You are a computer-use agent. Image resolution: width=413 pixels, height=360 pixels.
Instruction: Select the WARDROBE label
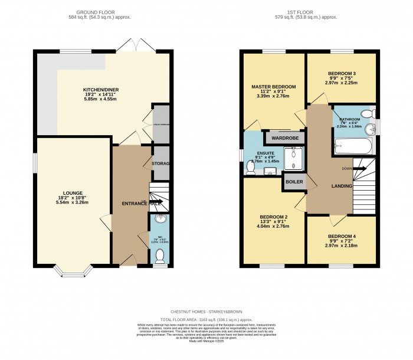[x=285, y=138]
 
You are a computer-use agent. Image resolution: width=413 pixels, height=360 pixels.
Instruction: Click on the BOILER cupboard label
[x=294, y=182]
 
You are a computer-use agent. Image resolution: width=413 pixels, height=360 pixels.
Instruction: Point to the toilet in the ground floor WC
[x=159, y=255]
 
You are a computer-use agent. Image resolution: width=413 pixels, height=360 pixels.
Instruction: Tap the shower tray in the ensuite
[x=293, y=158]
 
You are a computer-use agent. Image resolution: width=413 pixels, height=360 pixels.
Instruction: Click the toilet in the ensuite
[x=251, y=167]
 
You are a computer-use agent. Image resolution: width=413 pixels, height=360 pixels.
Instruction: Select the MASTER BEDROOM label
[x=273, y=87]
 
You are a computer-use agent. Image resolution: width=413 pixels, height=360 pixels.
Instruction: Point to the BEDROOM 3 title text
[x=342, y=74]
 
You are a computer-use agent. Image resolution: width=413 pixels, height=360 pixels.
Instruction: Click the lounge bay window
[x=72, y=272]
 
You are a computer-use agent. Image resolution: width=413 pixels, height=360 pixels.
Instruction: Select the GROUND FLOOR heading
[x=104, y=12]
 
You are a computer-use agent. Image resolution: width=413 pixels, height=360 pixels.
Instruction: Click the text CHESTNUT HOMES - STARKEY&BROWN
[x=206, y=312]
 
